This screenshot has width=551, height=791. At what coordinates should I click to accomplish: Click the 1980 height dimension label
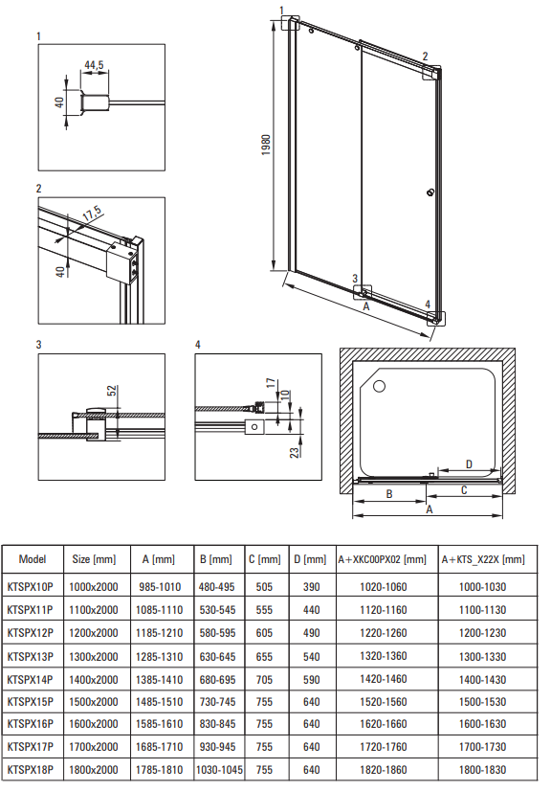pos(266,145)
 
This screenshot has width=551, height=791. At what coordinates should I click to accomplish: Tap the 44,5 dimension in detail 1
pos(94,65)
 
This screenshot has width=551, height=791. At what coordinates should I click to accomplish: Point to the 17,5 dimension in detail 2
pos(92,214)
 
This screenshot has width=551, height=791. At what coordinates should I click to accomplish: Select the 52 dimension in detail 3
pos(112,391)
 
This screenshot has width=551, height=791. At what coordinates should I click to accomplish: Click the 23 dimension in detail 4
pos(295,451)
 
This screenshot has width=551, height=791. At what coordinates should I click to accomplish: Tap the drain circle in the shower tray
pos(379,387)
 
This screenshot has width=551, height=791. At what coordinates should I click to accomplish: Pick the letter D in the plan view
pos(469,464)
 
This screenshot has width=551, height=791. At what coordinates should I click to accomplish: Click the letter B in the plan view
pos(389,494)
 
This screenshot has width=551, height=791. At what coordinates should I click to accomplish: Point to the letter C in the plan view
pos(464,490)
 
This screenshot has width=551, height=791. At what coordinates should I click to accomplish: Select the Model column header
pos(33,559)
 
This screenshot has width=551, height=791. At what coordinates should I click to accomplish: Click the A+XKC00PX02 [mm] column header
pos(382,559)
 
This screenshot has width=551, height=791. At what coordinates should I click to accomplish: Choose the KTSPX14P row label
pos(31,680)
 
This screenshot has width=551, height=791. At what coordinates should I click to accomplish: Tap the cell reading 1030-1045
pos(219,770)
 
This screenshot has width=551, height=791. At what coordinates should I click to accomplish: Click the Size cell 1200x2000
pos(93,633)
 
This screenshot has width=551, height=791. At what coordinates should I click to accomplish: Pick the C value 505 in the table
pos(264,587)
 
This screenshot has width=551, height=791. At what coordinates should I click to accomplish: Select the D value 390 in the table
pos(312,587)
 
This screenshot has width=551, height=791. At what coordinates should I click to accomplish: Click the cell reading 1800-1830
pos(482,770)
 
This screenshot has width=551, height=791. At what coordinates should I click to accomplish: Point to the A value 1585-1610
pos(160,724)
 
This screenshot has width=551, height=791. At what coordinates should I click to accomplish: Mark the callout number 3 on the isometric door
pos(355,278)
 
